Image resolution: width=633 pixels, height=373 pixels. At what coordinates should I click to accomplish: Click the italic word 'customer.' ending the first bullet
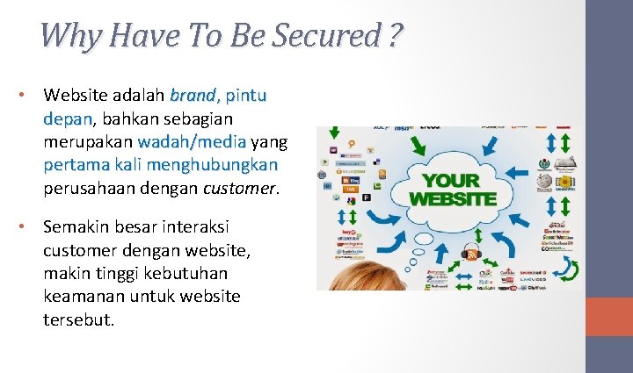(241, 188)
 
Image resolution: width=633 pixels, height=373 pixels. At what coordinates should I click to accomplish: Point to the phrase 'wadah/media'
(192, 141)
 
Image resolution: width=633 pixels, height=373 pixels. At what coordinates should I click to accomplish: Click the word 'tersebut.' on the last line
(79, 319)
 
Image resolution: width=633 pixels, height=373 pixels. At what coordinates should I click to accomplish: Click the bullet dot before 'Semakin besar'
(29, 226)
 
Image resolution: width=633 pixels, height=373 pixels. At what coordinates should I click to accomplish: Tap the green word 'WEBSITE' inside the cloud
(452, 198)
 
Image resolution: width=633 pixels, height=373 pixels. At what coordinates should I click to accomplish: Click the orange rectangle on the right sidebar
(608, 316)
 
